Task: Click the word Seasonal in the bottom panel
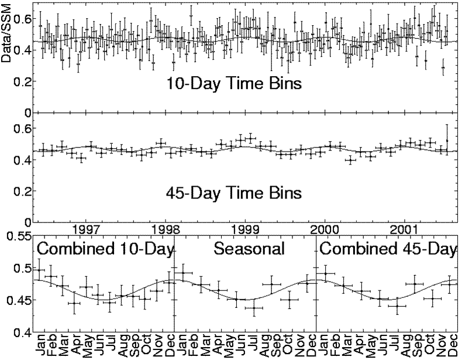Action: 249,249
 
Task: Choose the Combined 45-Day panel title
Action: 388,249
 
